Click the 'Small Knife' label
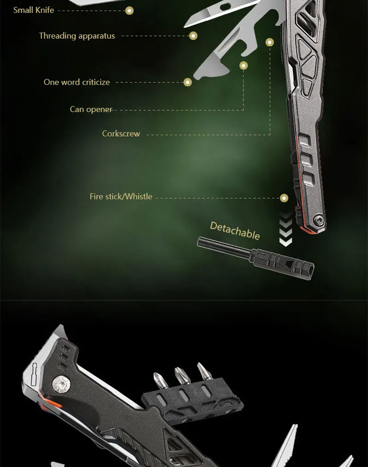(34, 10)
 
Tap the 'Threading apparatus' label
(77, 36)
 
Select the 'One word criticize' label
(77, 82)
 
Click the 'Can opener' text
(91, 109)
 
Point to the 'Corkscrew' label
(121, 134)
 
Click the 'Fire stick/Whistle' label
(121, 197)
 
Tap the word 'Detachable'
(235, 231)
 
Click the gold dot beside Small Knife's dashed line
(129, 11)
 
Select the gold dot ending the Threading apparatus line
(193, 36)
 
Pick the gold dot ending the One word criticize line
(187, 82)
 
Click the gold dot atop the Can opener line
(243, 66)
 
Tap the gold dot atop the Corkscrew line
(270, 42)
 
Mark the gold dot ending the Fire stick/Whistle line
(284, 198)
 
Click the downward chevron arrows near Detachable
(286, 230)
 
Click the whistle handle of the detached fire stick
(282, 264)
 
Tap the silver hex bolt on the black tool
(61, 383)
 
